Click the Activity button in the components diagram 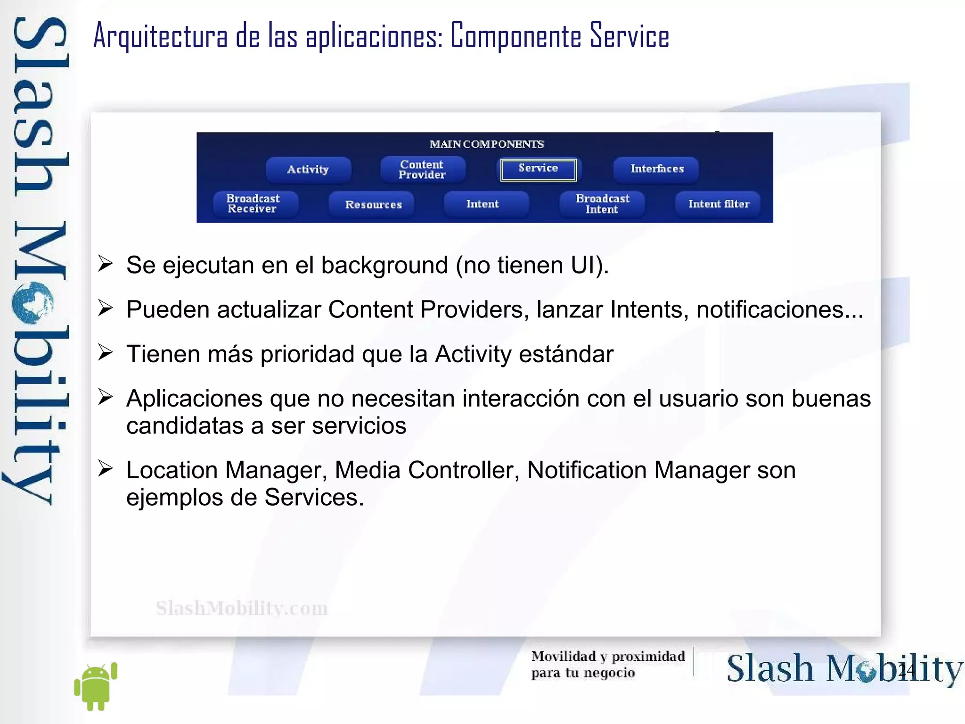308,169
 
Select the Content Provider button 422,169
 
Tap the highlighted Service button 538,169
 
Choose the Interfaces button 656,169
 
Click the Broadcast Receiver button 253,204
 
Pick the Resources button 373,204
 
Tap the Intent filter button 719,204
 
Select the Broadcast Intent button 602,204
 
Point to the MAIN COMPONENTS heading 487,144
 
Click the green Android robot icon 96,686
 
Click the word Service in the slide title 630,36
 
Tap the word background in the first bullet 384,265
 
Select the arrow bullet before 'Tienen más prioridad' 106,352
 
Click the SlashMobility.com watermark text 242,608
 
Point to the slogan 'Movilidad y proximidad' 608,656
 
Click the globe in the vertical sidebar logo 33,303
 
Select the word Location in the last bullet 172,470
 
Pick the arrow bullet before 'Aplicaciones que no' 106,397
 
